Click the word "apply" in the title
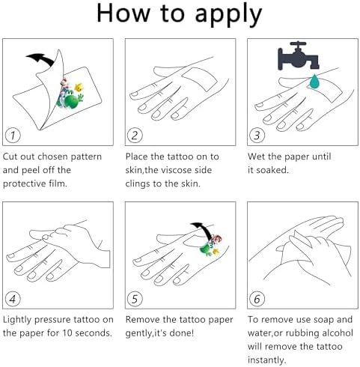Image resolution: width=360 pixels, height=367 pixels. pos(228,14)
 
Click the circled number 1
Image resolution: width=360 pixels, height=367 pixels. pos(13,136)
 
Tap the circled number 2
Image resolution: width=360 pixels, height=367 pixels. pos(135,136)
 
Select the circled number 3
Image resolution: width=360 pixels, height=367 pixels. pos(257,136)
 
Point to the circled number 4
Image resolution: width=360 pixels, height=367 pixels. pos(13,299)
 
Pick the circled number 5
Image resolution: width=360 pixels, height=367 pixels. pos(135,299)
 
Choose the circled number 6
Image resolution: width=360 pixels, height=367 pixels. pos(257,299)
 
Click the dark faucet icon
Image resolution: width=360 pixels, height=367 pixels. pos(299,56)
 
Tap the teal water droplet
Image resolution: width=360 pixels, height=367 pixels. pos(314,82)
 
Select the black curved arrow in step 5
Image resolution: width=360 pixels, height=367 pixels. pos(204,228)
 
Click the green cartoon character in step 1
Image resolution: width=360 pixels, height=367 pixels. pos(71,99)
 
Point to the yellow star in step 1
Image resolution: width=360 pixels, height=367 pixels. pos(79,87)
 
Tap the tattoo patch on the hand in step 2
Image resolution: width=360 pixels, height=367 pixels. pos(200,78)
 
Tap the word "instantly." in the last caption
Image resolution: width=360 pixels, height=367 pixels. pos(266,360)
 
